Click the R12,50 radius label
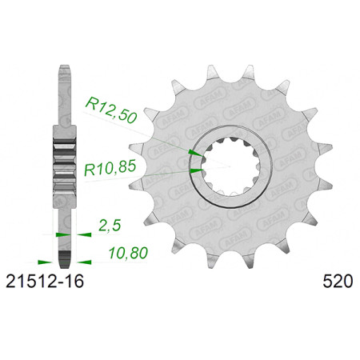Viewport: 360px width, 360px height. coord(110,110)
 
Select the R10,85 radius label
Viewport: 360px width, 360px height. coord(110,169)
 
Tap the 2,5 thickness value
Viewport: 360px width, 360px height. coord(110,226)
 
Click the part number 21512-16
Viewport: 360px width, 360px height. coord(45,281)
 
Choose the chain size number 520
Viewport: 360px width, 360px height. coord(338,282)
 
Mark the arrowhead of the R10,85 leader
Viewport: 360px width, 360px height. coord(197,170)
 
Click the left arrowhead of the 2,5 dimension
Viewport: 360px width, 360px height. coord(63,234)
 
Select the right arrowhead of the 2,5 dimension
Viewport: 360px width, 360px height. coord(84,234)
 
